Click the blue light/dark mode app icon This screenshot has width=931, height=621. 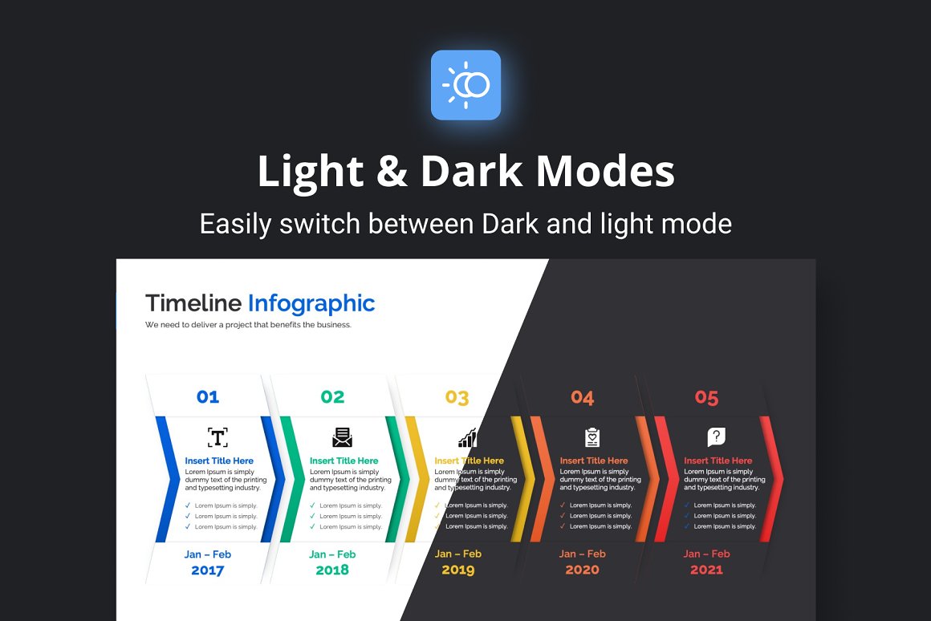pos(465,85)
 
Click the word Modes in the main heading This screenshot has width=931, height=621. pos(605,172)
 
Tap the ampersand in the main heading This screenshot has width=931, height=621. pos(392,172)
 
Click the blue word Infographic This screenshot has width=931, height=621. pos(311,303)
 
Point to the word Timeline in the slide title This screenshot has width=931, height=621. pos(193,302)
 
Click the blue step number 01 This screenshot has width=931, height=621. pos(208,396)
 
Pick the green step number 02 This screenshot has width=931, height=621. pos(332,396)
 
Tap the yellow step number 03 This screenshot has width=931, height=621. pos(457,397)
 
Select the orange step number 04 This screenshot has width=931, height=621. pos(583,397)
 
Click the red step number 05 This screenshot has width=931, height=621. pos(706,397)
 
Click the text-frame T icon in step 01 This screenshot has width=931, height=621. pos(218,437)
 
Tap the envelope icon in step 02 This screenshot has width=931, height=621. pos(343,437)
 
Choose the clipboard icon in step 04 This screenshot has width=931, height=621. pos(592,437)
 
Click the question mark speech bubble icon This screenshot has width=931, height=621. pos(717,437)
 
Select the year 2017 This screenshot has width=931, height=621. pos(207,570)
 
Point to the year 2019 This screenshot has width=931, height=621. pos(457,570)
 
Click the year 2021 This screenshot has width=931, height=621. pos(706,570)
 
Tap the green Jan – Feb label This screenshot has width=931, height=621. pos(332,554)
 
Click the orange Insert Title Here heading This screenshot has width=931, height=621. pos(594,461)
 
